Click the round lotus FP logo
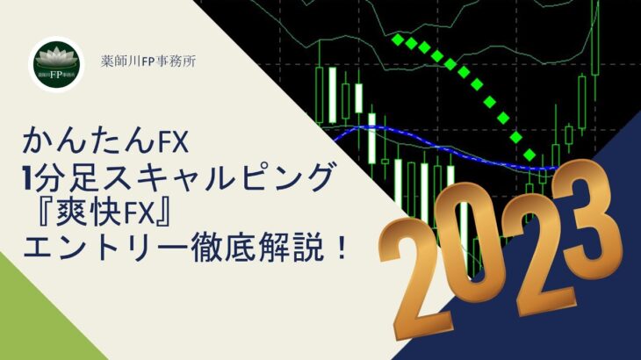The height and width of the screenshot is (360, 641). (57, 64)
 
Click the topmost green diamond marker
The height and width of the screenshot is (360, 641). (398, 40)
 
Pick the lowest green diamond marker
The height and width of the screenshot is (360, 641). (529, 155)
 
